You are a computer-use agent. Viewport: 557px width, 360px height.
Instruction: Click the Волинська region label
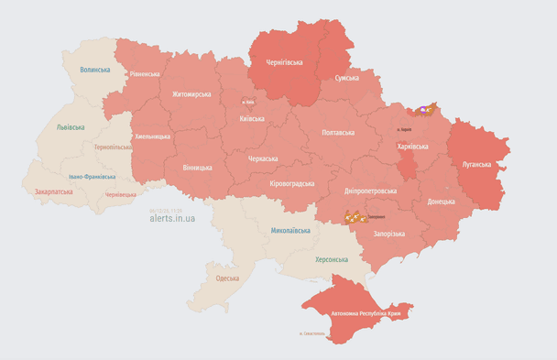click(x=95, y=70)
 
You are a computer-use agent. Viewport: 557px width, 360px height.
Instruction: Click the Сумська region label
click(x=346, y=79)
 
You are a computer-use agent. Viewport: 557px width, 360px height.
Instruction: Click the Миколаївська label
click(x=290, y=231)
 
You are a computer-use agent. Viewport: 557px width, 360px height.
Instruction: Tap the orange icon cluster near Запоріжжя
click(x=354, y=217)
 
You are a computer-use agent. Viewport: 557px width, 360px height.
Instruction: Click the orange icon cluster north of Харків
click(x=426, y=111)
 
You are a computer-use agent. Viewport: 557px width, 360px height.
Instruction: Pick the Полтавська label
click(x=339, y=133)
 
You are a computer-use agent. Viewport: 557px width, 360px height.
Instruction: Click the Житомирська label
click(x=191, y=93)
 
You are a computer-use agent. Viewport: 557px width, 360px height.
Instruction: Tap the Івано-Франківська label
click(x=92, y=176)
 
